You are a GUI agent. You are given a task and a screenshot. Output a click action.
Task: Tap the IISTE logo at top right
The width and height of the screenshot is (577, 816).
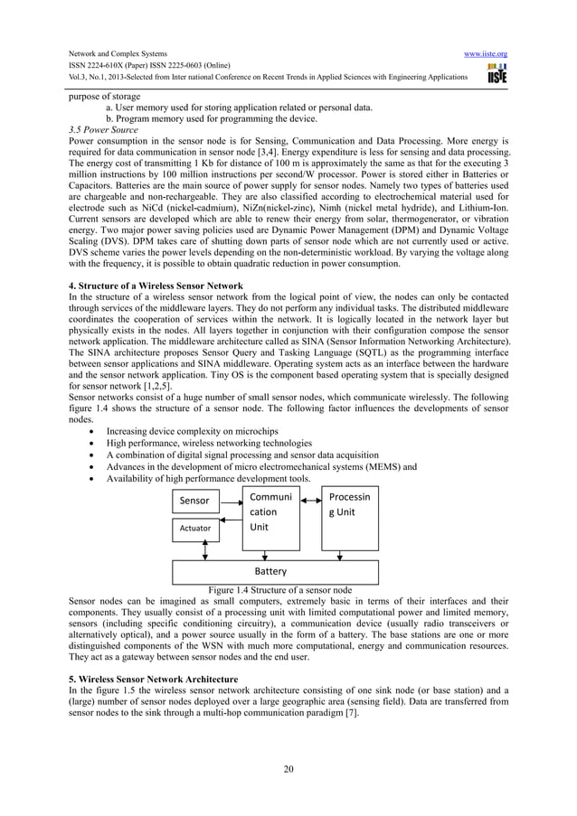coord(497,73)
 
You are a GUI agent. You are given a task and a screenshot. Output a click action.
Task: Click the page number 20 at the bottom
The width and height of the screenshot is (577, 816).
coord(288,770)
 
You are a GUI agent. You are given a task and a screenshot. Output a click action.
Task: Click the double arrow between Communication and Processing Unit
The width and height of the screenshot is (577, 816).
coord(309,499)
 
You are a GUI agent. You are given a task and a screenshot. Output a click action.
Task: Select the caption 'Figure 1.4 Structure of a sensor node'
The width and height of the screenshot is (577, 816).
coord(280,589)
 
